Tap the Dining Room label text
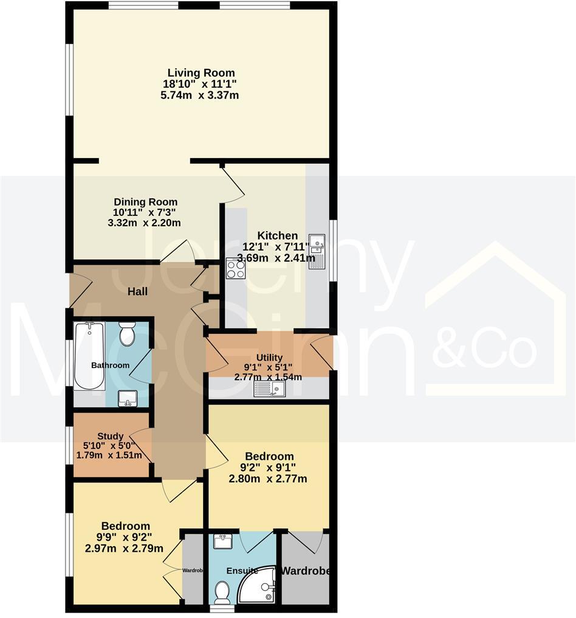pyautogui.click(x=146, y=202)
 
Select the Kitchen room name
pyautogui.click(x=278, y=236)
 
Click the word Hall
pyautogui.click(x=137, y=292)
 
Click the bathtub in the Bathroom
pyautogui.click(x=89, y=355)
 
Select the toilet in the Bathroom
pyautogui.click(x=128, y=334)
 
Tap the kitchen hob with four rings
pyautogui.click(x=236, y=268)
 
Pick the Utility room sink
pyautogui.click(x=270, y=389)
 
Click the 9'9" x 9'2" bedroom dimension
pyautogui.click(x=126, y=537)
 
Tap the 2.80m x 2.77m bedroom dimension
pyautogui.click(x=268, y=479)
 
